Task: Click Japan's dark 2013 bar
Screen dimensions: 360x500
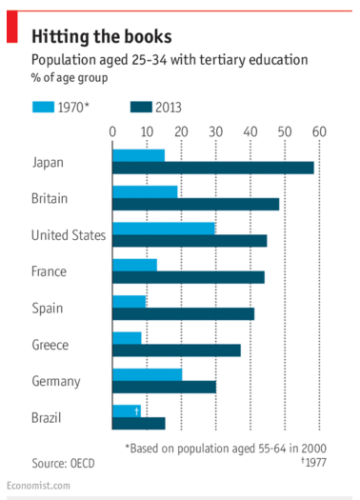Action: (213, 168)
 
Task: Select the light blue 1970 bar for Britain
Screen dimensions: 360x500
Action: (145, 192)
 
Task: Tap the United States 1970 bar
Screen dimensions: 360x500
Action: (164, 229)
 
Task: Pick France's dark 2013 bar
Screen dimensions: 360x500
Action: (189, 277)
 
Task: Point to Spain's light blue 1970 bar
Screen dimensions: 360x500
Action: (130, 301)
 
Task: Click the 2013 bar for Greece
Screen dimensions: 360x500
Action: (176, 350)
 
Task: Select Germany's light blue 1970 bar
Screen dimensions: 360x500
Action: (148, 374)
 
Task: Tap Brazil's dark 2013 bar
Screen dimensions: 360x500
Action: (139, 423)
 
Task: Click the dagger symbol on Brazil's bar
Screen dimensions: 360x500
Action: (137, 411)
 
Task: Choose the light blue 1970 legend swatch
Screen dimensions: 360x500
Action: (44, 107)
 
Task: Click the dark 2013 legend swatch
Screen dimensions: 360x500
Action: (141, 107)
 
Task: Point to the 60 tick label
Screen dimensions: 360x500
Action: (319, 131)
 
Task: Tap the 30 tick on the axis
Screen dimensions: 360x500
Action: (216, 131)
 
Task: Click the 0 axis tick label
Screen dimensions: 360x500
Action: (112, 131)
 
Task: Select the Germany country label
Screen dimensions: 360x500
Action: (56, 381)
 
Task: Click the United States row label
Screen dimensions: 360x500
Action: (69, 235)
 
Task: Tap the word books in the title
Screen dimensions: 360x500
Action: (149, 36)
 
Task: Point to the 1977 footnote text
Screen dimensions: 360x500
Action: (314, 462)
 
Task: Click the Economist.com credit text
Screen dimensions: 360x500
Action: (38, 486)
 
